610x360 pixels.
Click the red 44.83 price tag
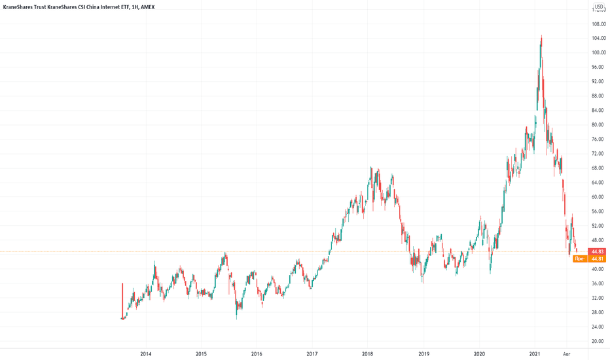(x=597, y=252)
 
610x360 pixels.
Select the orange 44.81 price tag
(x=597, y=259)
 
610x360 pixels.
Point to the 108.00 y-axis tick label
(x=597, y=24)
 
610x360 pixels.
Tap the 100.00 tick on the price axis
(x=597, y=52)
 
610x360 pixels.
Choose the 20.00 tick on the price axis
(x=597, y=341)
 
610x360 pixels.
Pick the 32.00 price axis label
(x=597, y=298)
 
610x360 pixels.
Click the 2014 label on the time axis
(x=145, y=353)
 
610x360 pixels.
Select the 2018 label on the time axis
(x=368, y=353)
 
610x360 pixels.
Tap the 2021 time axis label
(x=535, y=353)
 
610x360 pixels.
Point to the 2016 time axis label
(x=257, y=353)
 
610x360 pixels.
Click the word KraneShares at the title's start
(x=19, y=8)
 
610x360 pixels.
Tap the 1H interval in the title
(x=132, y=8)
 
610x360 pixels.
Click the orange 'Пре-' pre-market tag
(x=579, y=259)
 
